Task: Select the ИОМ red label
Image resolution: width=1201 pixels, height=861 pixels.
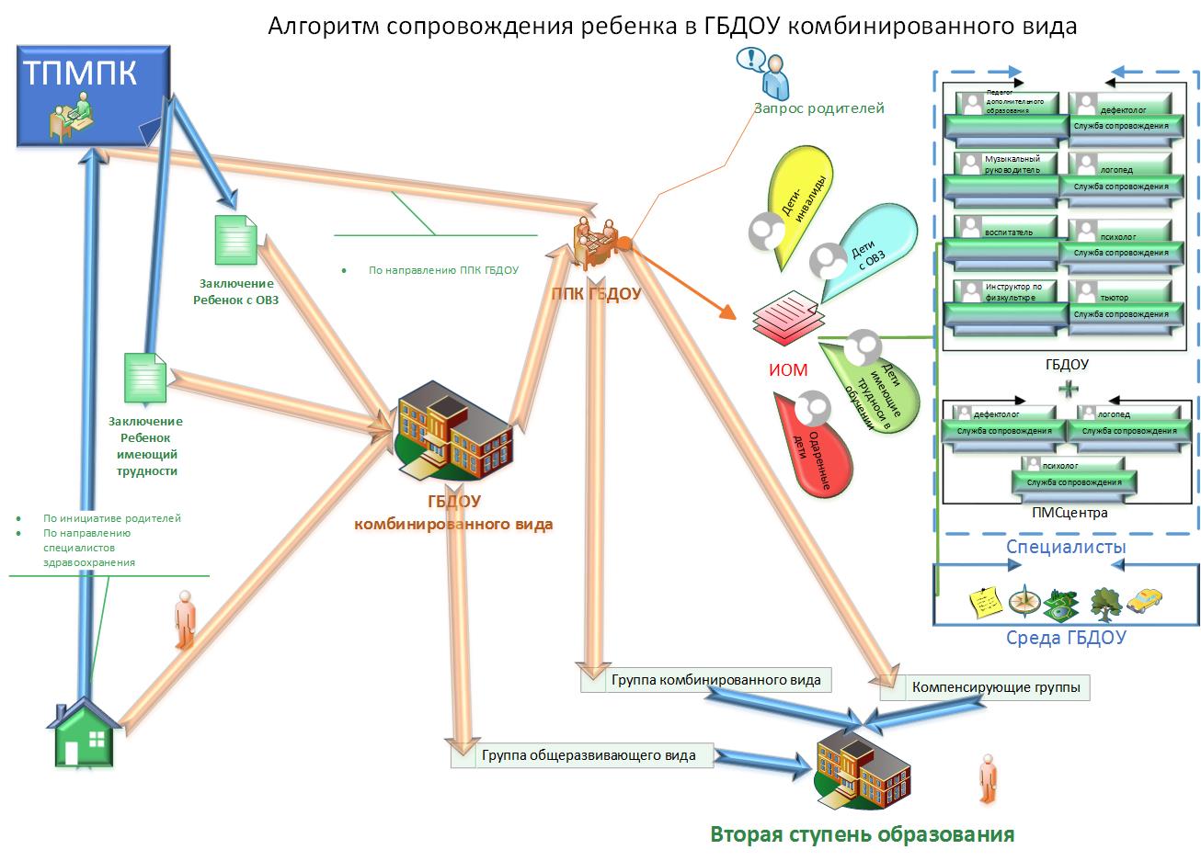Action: coord(787,370)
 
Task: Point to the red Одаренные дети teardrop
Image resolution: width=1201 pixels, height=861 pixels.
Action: coord(809,441)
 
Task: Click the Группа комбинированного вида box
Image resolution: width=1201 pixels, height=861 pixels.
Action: coord(705,680)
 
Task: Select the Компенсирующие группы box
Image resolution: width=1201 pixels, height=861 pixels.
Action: coord(984,687)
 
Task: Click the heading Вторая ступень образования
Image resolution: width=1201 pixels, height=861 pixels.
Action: coord(862,834)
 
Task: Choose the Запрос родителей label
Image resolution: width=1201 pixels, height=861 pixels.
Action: coord(818,108)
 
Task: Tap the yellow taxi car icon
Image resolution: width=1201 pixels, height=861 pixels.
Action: coord(1144,602)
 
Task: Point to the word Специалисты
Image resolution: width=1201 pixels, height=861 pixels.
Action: coord(1066,547)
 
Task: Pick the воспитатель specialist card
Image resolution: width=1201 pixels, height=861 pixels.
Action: coord(1007,238)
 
